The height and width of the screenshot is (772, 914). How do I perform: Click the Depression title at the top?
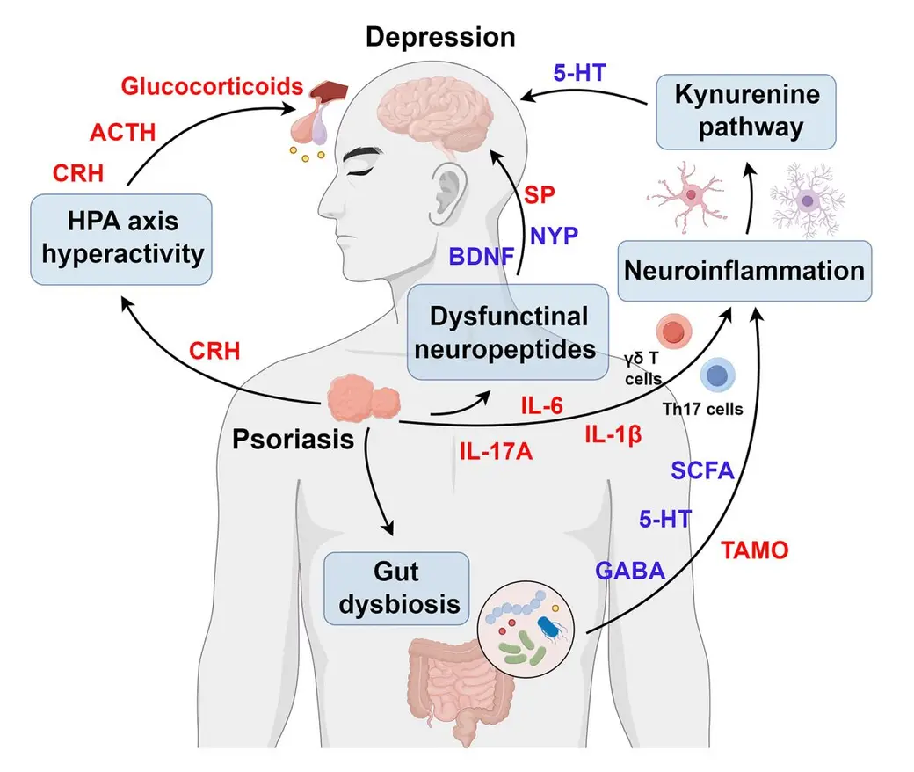click(x=440, y=37)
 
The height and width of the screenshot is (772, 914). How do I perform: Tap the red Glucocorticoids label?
click(x=212, y=86)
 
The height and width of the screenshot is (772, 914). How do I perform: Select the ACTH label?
click(x=122, y=133)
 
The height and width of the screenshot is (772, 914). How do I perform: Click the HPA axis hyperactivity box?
click(x=121, y=239)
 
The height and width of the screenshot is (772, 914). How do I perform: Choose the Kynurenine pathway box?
click(x=746, y=112)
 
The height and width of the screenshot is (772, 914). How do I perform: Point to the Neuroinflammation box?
click(x=744, y=271)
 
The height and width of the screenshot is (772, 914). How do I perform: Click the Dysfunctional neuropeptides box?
click(x=507, y=332)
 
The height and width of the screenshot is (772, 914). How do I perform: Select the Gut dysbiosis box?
click(x=396, y=588)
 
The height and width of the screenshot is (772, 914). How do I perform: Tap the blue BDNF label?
click(x=482, y=257)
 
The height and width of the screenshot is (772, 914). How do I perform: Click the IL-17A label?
click(x=496, y=451)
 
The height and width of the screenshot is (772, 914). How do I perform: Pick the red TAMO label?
click(x=755, y=550)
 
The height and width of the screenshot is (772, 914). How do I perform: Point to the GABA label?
click(x=630, y=571)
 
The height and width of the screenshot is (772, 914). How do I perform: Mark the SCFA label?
click(x=702, y=470)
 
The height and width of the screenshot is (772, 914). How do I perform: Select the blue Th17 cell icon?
click(x=717, y=375)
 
